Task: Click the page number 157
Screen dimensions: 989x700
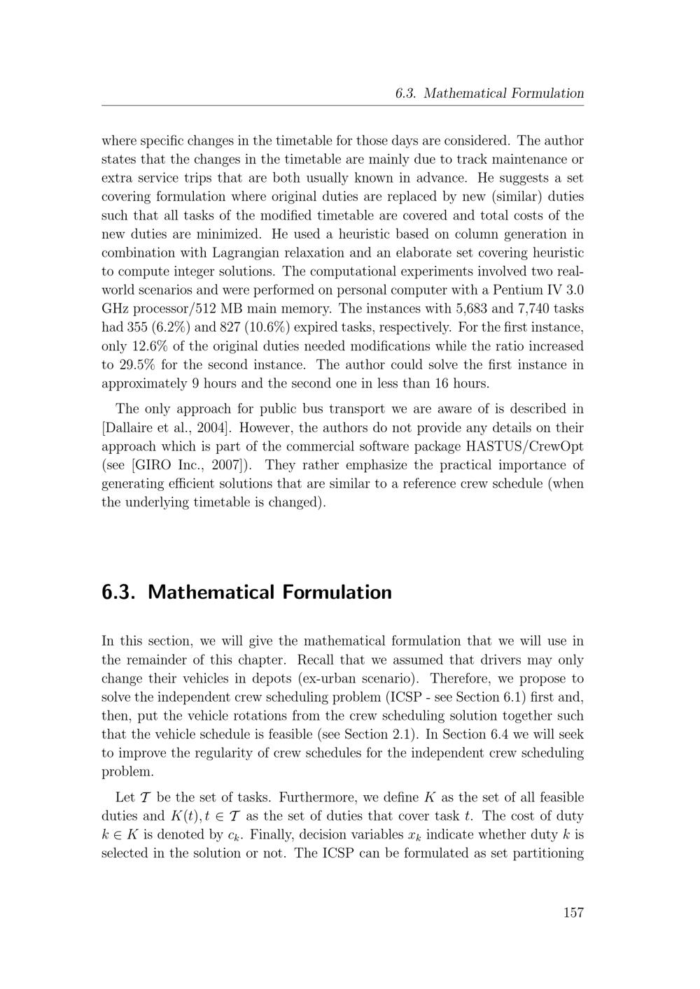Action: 573,912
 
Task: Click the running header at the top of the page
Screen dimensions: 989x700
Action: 489,93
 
